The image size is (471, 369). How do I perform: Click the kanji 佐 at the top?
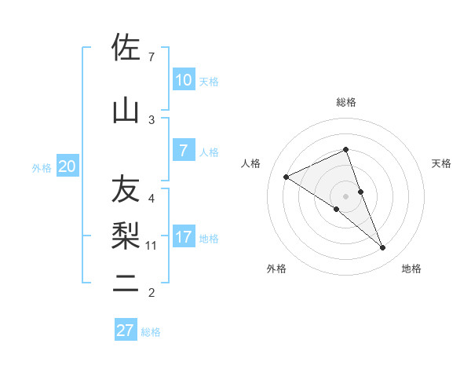tap(126, 49)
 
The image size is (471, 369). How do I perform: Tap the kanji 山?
tap(126, 111)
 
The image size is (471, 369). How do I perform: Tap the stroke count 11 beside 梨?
tap(152, 246)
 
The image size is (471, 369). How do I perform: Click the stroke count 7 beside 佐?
tap(152, 57)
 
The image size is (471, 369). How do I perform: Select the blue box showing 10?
tap(183, 80)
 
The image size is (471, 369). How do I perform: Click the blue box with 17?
tap(183, 237)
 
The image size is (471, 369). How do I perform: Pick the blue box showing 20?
tap(67, 166)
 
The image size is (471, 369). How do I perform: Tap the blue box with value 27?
tap(126, 331)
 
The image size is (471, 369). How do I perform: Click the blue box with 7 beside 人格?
tap(183, 151)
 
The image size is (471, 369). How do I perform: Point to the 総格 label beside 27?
tap(151, 332)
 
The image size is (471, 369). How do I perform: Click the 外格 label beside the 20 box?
tap(42, 168)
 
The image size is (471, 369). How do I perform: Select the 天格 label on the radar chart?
tap(441, 163)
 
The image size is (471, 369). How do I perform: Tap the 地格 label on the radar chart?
tap(411, 269)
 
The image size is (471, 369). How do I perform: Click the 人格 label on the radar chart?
tap(251, 163)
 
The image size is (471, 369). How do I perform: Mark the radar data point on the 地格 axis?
tap(383, 248)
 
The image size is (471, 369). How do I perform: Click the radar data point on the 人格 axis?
tap(287, 177)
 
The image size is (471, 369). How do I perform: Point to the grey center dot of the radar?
tap(345, 195)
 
